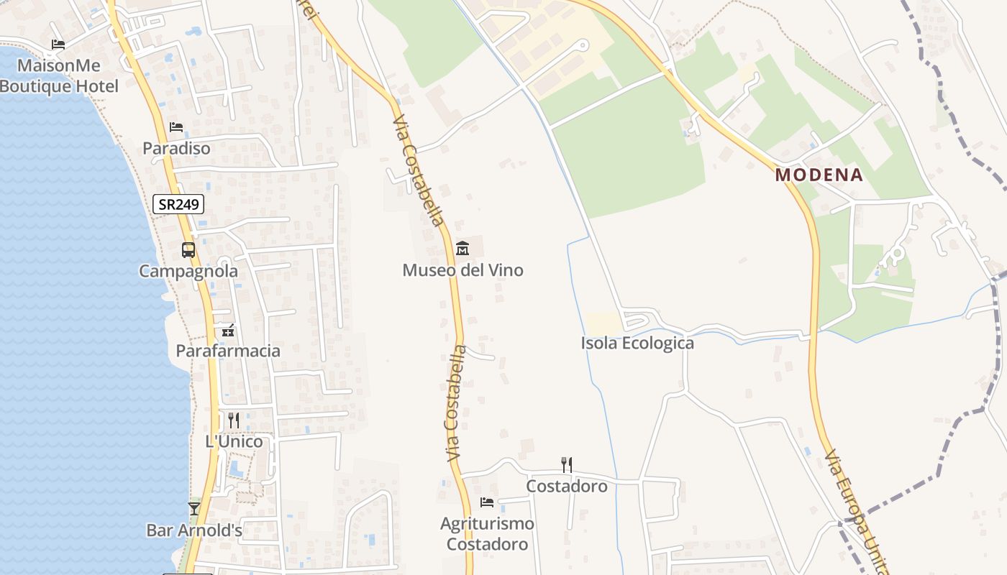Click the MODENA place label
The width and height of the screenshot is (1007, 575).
coord(819,175)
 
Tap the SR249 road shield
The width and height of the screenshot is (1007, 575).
coord(178,205)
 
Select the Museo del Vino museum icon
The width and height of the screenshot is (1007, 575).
coord(463,249)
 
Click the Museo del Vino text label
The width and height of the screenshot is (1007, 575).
coord(463,270)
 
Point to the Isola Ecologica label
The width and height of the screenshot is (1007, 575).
coord(637,343)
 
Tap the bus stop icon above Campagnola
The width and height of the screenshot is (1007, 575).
coord(188,250)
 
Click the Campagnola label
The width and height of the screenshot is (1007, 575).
coord(188,271)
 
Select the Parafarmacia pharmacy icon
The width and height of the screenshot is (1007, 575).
coord(228,331)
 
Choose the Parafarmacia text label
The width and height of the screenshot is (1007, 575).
coord(228,351)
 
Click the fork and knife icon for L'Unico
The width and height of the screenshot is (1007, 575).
coord(234,420)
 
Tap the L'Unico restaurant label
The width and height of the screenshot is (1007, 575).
coord(234,441)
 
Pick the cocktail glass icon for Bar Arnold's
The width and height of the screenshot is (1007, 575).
coord(193,509)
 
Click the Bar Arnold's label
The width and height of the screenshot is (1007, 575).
coord(194,530)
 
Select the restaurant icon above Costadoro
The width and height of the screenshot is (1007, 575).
coord(567,464)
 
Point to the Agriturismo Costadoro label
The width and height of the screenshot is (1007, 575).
coord(487,534)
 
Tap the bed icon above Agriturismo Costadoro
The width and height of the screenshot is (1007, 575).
coord(487,502)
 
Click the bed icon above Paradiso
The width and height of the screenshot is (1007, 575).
coord(176,127)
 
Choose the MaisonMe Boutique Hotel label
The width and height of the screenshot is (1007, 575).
coord(59,75)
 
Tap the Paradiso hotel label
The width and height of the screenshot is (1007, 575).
coord(176,148)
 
